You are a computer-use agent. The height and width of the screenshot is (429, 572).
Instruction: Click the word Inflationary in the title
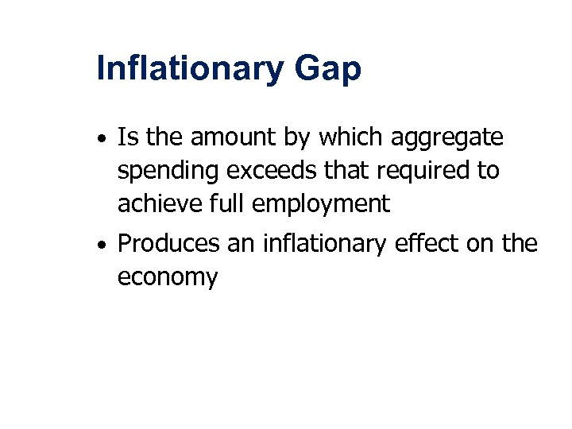(x=188, y=69)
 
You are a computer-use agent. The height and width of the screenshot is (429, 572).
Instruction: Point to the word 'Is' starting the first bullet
(x=126, y=138)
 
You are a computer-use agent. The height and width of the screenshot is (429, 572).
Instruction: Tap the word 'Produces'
(x=168, y=244)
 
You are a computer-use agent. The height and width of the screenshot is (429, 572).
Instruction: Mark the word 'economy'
(x=167, y=279)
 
